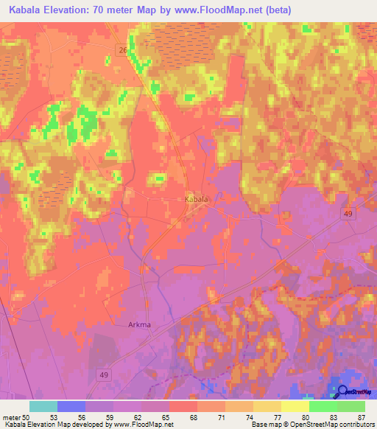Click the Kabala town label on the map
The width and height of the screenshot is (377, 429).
(196, 200)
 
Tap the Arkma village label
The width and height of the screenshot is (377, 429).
(132, 323)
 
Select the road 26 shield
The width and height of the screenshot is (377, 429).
(121, 49)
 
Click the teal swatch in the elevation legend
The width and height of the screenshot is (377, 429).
(43, 406)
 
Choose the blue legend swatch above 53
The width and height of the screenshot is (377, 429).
(71, 406)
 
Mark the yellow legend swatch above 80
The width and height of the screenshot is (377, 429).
(295, 406)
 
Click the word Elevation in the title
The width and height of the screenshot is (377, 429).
(70, 10)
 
